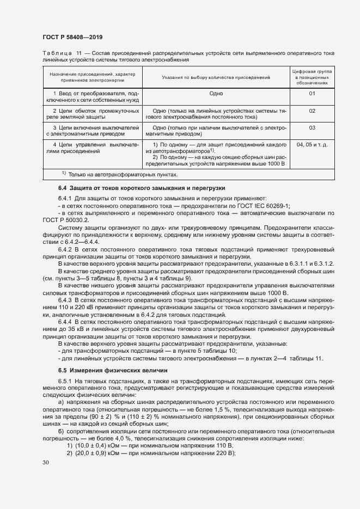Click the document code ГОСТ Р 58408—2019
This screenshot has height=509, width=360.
[x=72, y=37]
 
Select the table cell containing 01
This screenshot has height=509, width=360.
[x=312, y=94]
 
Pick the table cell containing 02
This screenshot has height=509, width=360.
[x=312, y=111]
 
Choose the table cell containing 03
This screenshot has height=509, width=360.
[x=312, y=128]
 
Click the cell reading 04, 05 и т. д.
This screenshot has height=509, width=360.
[x=312, y=145]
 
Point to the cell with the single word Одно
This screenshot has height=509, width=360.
[x=216, y=94]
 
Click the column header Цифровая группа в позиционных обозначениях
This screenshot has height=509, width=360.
[x=312, y=78]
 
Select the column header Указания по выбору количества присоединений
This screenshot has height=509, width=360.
[x=216, y=78]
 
